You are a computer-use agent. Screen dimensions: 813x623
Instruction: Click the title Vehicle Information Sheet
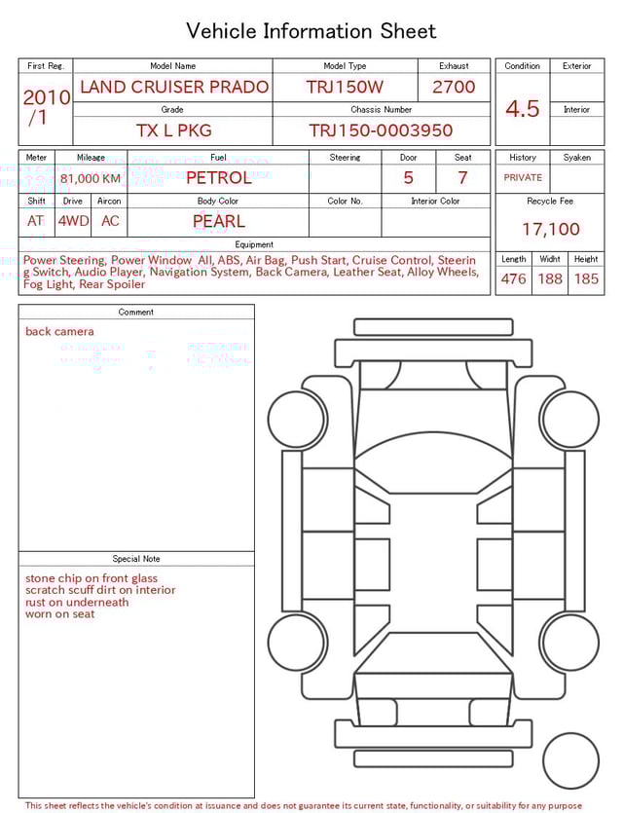click(311, 31)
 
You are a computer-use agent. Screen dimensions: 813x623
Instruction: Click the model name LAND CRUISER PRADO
click(174, 87)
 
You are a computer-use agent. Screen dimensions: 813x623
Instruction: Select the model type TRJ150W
click(345, 87)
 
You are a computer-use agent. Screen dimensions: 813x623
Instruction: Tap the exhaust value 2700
click(454, 87)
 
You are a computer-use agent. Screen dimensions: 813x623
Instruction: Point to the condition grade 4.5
click(523, 109)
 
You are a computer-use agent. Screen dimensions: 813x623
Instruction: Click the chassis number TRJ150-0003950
click(381, 130)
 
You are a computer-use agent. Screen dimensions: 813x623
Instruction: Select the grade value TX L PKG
click(173, 130)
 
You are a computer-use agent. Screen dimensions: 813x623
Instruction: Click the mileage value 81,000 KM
click(91, 179)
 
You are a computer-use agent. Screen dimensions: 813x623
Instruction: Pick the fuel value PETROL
click(218, 177)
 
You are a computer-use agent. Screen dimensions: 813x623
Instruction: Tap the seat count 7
click(462, 178)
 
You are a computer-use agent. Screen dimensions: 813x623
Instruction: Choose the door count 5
click(408, 178)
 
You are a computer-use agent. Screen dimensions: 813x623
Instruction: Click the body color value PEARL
click(218, 221)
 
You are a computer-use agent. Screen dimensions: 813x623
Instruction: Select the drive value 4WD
click(73, 221)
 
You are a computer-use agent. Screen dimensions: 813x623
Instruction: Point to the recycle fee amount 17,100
click(550, 230)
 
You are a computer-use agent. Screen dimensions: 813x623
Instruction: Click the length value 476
click(513, 279)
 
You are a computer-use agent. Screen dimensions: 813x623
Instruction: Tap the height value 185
click(586, 279)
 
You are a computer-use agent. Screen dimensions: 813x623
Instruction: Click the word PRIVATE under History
click(523, 178)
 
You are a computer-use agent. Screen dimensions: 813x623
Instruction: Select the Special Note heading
click(136, 559)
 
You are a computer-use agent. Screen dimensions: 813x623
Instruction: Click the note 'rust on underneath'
click(77, 602)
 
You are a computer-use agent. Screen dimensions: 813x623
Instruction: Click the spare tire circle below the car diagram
click(570, 761)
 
